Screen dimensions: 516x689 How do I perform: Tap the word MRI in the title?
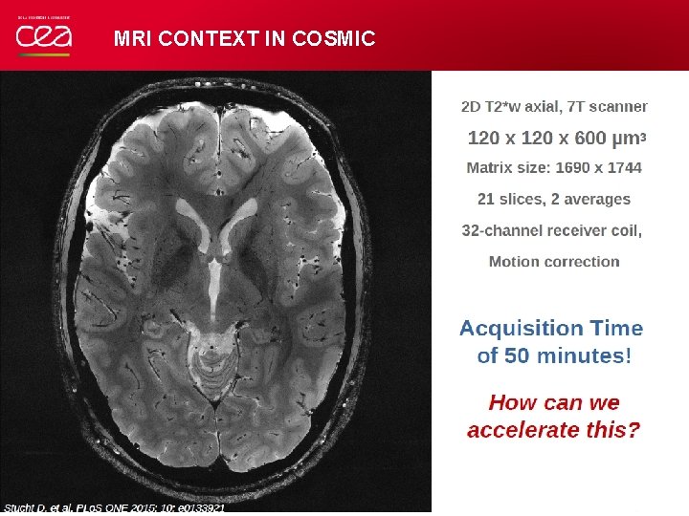[x=133, y=39]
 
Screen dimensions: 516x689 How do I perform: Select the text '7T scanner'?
[x=608, y=107]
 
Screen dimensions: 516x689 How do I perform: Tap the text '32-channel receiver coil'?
[x=551, y=231]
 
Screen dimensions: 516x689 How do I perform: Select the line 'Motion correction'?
[x=554, y=262]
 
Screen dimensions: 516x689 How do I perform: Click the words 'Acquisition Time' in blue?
[x=551, y=329]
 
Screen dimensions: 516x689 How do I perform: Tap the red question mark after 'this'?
[x=633, y=430]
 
